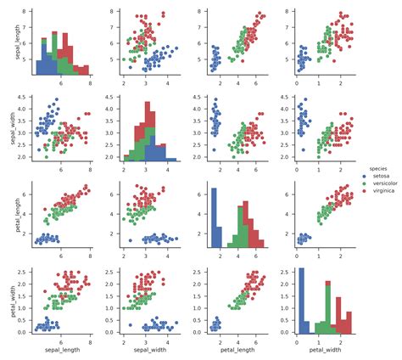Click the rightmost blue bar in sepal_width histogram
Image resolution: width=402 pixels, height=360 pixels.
170,159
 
